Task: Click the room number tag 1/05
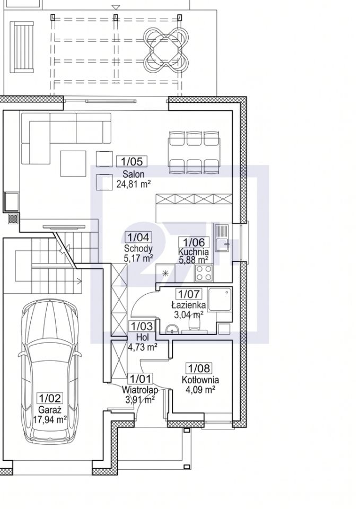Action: tap(132, 161)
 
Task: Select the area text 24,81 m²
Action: tap(134, 185)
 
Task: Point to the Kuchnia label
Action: tap(194, 251)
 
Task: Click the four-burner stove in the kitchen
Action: tap(204, 273)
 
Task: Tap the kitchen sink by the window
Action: tap(222, 239)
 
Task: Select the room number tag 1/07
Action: tap(189, 294)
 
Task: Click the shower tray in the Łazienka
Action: tap(220, 300)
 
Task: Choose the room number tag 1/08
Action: tap(199, 368)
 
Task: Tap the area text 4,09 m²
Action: tap(200, 389)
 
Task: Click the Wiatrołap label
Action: tap(140, 389)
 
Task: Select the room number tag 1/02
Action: tap(50, 398)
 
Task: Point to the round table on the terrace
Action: tap(166, 50)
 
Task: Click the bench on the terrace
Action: tap(22, 47)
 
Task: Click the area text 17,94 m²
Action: tap(50, 419)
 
